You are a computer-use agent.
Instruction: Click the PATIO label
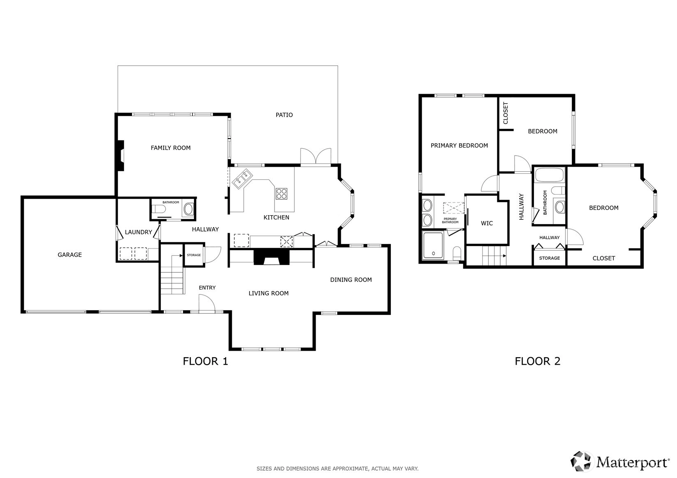pyautogui.click(x=284, y=115)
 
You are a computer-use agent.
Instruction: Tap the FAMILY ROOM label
pyautogui.click(x=171, y=148)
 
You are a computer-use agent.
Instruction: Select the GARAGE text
pyautogui.click(x=69, y=255)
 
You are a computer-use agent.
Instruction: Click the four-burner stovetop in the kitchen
pyautogui.click(x=282, y=193)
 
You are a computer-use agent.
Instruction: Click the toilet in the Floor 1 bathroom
pyautogui.click(x=159, y=209)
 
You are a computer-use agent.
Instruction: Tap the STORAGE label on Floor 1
pyautogui.click(x=194, y=255)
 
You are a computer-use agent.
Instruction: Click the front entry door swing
pyautogui.click(x=207, y=303)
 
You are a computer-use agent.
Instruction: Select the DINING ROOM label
pyautogui.click(x=351, y=280)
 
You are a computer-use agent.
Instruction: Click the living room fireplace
pyautogui.click(x=271, y=257)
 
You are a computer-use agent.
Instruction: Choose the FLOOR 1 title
pyautogui.click(x=205, y=361)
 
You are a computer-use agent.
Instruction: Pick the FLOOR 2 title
pyautogui.click(x=537, y=361)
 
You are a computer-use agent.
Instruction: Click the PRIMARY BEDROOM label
pyautogui.click(x=459, y=145)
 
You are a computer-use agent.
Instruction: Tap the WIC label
pyautogui.click(x=487, y=223)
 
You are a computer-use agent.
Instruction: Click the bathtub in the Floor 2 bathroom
pyautogui.click(x=550, y=175)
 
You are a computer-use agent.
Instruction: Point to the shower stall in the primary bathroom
pyautogui.click(x=433, y=246)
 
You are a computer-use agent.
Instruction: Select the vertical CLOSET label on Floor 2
pyautogui.click(x=505, y=113)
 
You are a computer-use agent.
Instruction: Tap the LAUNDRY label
pyautogui.click(x=139, y=232)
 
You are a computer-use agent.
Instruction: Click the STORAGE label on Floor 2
pyautogui.click(x=550, y=258)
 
